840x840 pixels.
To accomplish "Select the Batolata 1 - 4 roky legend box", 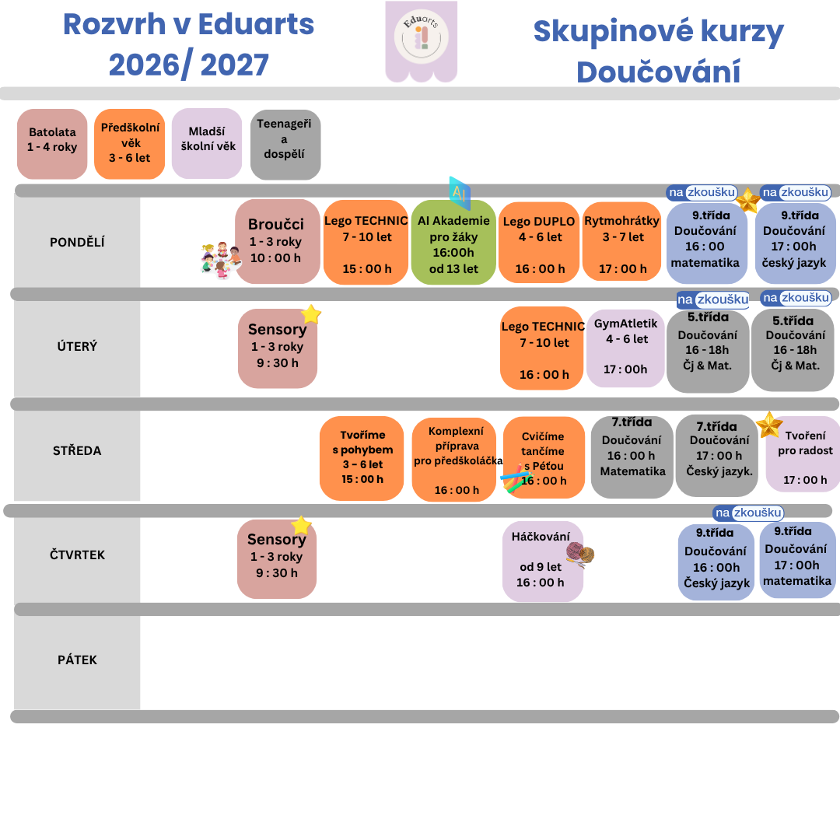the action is click(52, 144).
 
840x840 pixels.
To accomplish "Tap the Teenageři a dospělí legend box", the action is click(285, 145).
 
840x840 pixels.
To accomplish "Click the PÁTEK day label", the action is click(77, 660).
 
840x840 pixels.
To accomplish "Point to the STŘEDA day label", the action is click(77, 451).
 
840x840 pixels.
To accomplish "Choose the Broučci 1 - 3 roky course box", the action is click(278, 242).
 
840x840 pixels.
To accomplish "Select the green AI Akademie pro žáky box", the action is click(453, 242).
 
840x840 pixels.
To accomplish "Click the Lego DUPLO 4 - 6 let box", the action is click(539, 242).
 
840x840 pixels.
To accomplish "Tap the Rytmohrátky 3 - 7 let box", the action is click(622, 242).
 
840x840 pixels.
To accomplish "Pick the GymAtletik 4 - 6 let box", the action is click(625, 348).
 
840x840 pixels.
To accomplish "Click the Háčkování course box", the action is click(543, 562).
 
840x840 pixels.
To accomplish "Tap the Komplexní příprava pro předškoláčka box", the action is click(454, 460).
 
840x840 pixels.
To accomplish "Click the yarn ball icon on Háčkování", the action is click(580, 554).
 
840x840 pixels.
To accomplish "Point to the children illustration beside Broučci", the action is click(220, 260).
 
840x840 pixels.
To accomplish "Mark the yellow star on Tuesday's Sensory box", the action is click(310, 314).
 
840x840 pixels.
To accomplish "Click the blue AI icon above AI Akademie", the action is click(460, 193).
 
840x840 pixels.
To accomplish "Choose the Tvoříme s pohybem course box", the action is click(362, 459).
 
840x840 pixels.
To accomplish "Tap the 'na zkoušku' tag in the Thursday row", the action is click(748, 513).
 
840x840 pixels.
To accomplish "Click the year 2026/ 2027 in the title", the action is click(188, 65).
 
